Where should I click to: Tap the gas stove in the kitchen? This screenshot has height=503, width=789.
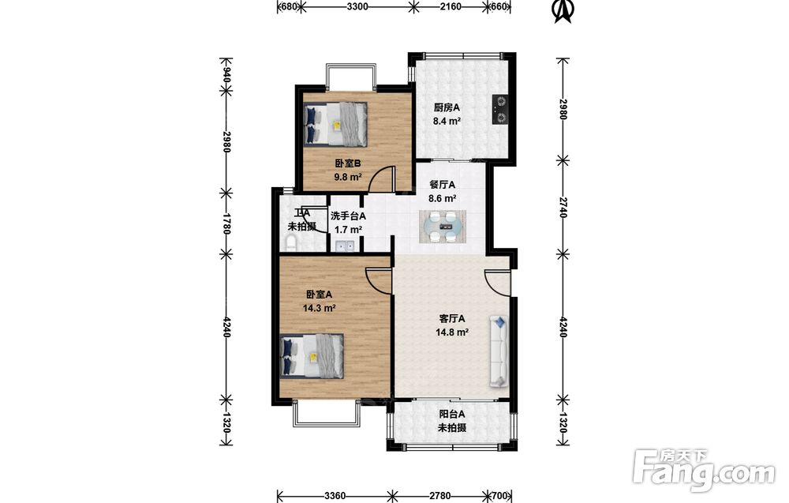click(500, 110)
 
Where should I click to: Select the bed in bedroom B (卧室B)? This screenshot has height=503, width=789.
click(335, 123)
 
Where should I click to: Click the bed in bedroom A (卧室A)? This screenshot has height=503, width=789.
click(312, 356)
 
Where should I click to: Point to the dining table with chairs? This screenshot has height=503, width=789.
click(443, 227)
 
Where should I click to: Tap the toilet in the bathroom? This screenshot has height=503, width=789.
click(291, 244)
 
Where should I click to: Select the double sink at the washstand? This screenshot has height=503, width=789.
click(345, 246)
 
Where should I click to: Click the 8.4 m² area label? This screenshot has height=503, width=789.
click(447, 121)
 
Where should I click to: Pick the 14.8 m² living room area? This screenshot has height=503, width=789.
click(452, 332)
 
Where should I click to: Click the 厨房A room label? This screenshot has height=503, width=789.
click(447, 107)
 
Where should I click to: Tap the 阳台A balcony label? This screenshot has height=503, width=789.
click(452, 415)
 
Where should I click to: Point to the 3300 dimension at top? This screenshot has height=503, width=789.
click(357, 6)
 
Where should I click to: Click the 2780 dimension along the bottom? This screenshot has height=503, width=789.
click(439, 496)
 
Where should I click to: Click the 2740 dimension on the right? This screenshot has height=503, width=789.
click(563, 208)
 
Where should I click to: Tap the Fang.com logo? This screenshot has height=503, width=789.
click(704, 469)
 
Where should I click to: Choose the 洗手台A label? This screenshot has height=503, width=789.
click(348, 216)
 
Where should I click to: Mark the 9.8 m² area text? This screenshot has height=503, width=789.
click(348, 177)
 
